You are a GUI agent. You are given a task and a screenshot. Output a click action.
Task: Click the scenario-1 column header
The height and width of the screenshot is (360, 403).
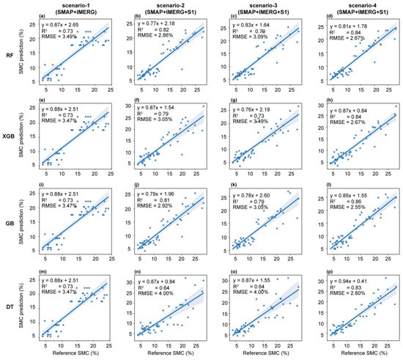tap(73, 9)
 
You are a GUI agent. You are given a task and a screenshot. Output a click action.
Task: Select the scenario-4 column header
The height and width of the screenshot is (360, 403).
tap(355, 9)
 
